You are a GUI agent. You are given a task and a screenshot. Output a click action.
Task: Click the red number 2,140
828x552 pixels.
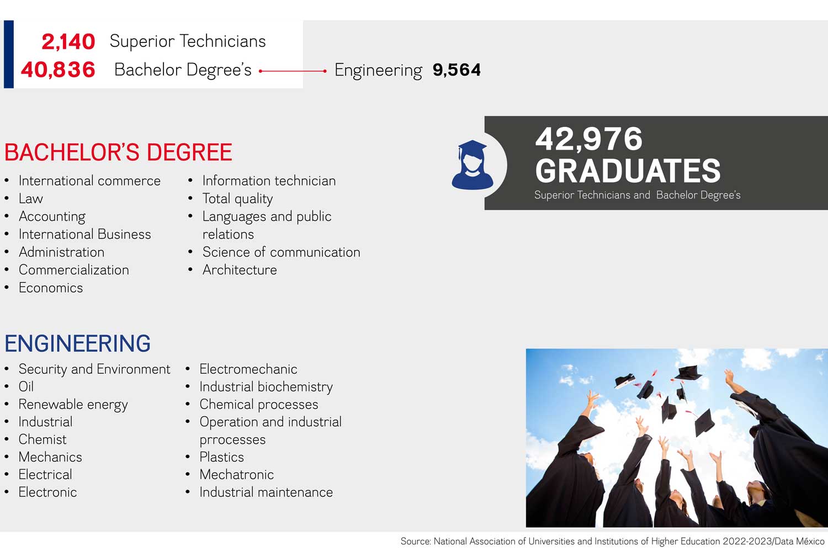[x=68, y=42]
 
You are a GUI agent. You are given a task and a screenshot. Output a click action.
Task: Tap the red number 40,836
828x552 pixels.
[x=58, y=70]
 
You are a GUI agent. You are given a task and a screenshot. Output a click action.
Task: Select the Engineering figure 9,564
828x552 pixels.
[x=457, y=70]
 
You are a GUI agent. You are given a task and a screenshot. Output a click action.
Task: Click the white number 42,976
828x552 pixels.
[x=589, y=139]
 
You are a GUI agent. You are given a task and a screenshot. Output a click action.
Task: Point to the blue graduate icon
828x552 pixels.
[x=472, y=165]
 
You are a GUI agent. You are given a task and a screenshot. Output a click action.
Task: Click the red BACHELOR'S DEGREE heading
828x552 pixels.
[x=118, y=152]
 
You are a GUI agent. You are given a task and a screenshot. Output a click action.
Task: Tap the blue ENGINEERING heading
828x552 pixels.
[x=78, y=343]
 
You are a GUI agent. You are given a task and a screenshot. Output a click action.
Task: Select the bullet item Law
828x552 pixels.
[x=31, y=199]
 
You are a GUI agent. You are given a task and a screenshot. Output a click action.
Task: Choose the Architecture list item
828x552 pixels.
[x=240, y=270]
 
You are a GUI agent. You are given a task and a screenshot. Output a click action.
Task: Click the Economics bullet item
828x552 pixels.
[x=51, y=288]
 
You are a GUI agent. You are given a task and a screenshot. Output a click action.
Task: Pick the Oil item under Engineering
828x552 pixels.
[x=26, y=387]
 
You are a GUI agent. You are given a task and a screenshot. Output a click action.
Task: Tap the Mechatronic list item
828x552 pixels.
[x=237, y=474]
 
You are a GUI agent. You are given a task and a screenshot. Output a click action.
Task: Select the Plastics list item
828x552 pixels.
[x=222, y=457]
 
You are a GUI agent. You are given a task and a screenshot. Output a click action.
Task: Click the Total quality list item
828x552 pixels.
[x=238, y=199]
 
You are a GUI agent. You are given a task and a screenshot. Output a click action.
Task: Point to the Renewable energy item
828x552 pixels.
[x=73, y=405]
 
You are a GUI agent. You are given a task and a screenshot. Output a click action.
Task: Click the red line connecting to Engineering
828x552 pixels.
[x=293, y=71]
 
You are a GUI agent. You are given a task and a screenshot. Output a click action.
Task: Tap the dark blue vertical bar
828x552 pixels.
[x=8, y=54]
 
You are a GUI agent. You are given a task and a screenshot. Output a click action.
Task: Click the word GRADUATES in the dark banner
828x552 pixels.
[x=628, y=171]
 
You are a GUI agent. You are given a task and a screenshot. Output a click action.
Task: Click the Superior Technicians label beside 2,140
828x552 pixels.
[x=188, y=41]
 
